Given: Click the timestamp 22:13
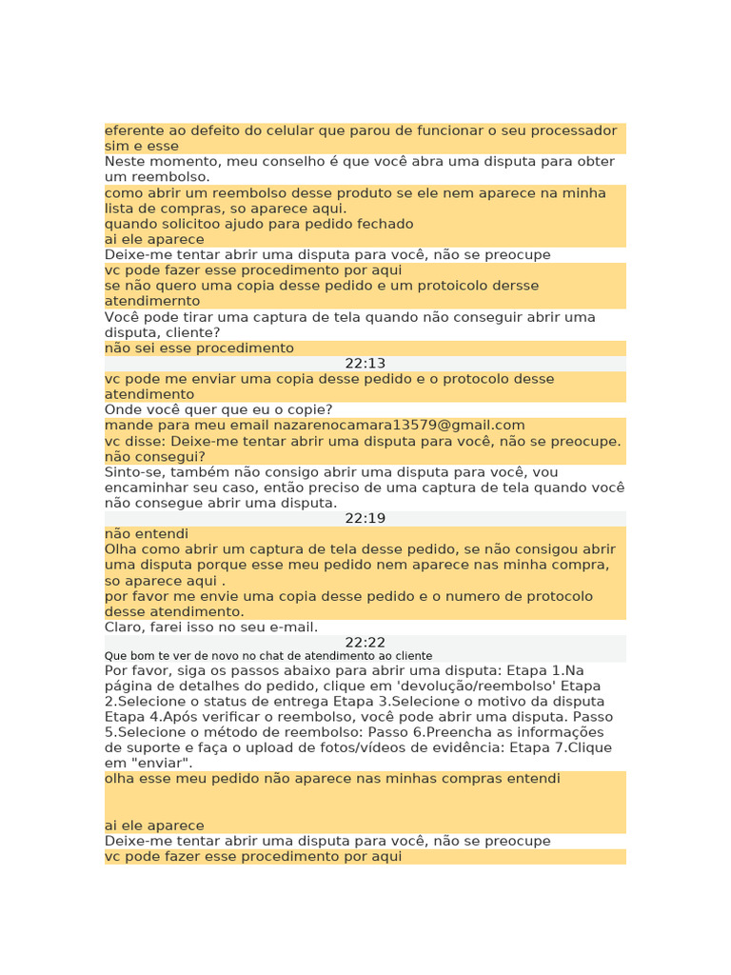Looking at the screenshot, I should click(x=365, y=364).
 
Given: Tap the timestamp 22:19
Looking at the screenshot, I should click(x=365, y=519).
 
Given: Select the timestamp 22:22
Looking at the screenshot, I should click(x=365, y=643).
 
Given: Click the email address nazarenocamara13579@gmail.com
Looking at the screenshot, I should click(x=399, y=426).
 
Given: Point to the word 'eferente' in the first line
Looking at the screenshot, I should click(x=133, y=130).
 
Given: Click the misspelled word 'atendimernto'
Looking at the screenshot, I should click(x=152, y=301).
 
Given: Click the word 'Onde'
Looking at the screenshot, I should click(x=123, y=410).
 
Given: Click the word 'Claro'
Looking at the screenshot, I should click(x=124, y=627).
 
